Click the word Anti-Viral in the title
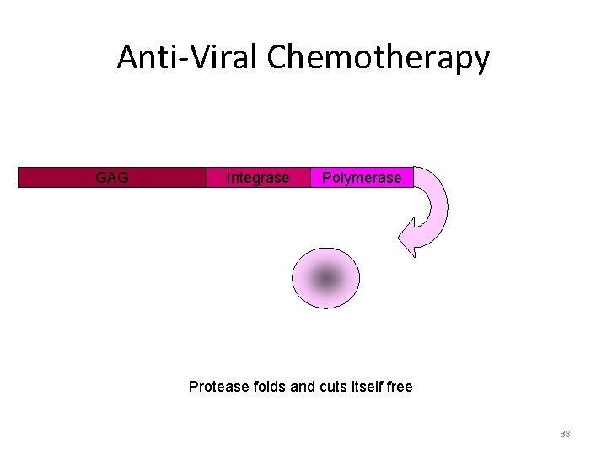187,57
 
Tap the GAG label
112,178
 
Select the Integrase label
258,178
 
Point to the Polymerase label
362,178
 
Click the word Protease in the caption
218,387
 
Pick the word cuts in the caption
332,387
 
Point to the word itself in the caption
370,387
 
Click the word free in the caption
400,387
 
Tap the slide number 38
565,434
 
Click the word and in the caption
303,387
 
